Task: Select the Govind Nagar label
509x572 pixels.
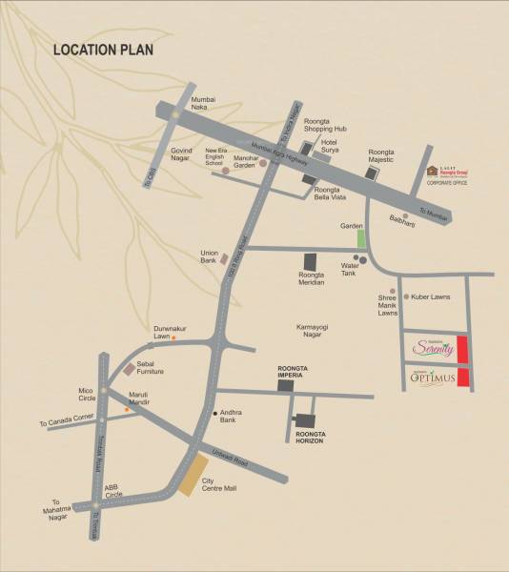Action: click(x=188, y=154)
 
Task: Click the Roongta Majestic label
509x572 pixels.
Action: click(x=386, y=156)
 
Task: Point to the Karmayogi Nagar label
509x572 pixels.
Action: click(x=315, y=330)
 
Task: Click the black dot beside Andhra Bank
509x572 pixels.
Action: click(x=214, y=413)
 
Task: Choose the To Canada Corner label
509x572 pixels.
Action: click(x=68, y=419)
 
